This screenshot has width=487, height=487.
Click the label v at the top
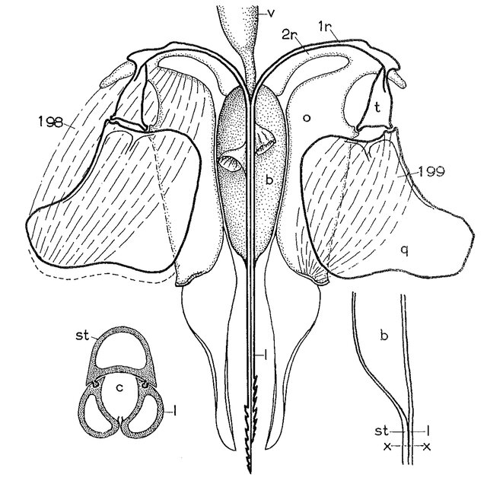coord(271,14)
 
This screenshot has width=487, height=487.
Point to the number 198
coord(50,122)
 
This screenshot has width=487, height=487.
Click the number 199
coord(431,170)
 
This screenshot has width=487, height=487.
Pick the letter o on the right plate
coord(307,118)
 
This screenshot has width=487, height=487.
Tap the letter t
coord(377,107)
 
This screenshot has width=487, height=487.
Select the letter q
coord(404,251)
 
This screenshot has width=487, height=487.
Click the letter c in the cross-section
coord(120,387)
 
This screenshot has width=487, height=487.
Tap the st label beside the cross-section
coord(82,336)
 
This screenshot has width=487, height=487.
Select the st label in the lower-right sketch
coord(382,431)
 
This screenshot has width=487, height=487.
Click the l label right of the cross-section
coord(175,412)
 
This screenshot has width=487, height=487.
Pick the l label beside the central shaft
coord(265,357)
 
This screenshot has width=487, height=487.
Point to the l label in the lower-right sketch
coord(428,430)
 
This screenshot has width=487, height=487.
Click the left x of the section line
coord(387,447)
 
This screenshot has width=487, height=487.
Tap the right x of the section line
coord(428,447)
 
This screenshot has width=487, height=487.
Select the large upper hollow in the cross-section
coord(120,351)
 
